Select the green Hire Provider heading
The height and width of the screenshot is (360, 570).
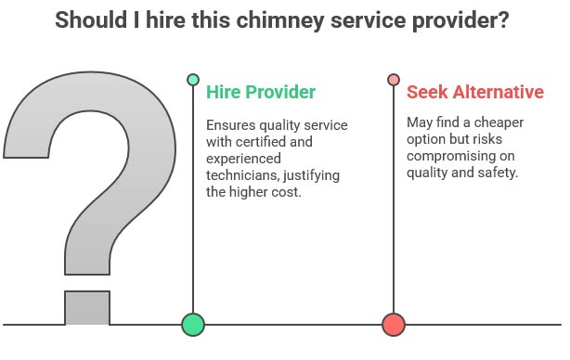point(261,92)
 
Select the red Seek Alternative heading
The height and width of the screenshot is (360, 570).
point(473,92)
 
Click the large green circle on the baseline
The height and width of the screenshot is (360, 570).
point(192,324)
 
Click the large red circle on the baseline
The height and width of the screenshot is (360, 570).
point(394,324)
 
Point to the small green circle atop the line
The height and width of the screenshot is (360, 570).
point(192,80)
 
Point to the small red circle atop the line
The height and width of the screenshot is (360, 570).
point(394,80)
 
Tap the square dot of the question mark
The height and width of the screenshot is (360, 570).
point(87,308)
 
